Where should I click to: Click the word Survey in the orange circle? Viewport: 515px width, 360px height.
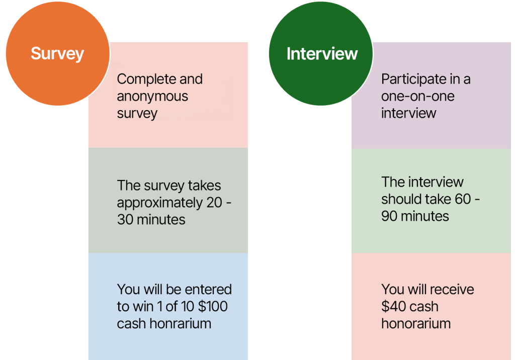pos(57,54)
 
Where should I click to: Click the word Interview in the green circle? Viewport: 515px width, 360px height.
pos(322,53)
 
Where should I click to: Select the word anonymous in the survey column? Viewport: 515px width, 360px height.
pos(152,97)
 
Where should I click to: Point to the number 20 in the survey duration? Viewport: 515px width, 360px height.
pos(214,203)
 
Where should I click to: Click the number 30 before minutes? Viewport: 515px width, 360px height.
pos(125,220)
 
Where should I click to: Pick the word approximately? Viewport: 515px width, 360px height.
pos(160,203)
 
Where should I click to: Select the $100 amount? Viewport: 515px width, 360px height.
pos(213,307)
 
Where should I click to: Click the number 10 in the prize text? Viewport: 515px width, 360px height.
pos(187,307)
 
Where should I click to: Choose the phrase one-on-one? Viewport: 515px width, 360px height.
pos(418,97)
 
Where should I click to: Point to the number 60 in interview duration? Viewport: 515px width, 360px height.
pos(463,199)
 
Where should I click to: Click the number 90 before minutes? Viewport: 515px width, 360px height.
pos(389,217)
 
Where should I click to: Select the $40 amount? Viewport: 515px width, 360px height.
pos(392,307)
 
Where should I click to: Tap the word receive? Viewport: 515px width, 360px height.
pos(452,290)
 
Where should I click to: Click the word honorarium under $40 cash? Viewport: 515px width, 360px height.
pos(416,323)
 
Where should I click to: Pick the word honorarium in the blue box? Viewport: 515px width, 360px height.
pos(181,323)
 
